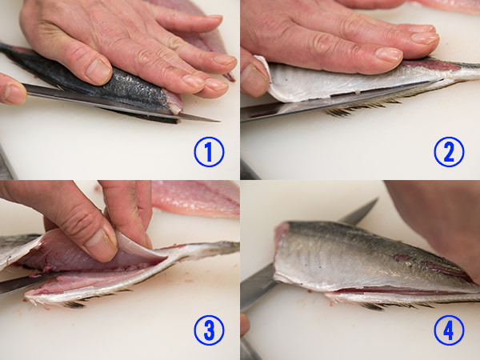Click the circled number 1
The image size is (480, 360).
(x=209, y=152)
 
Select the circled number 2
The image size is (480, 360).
(x=449, y=152)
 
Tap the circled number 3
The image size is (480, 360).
(x=209, y=330)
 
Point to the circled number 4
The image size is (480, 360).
(x=449, y=330)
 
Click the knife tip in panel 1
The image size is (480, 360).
(x=218, y=122)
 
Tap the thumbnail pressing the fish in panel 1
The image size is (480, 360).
(x=98, y=71)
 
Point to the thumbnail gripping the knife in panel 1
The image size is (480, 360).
(x=14, y=94)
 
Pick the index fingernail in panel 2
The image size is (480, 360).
(x=389, y=54)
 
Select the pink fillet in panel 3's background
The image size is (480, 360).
(x=196, y=198)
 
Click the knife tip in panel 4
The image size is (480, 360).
(x=376, y=199)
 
